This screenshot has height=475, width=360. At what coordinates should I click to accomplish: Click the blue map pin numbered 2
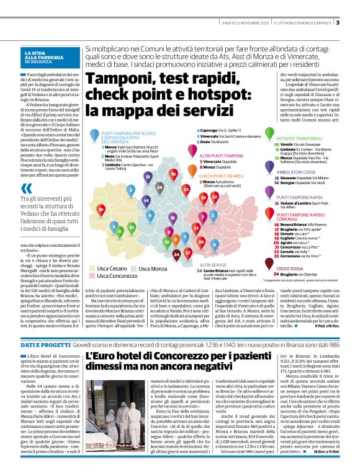coord(130,190)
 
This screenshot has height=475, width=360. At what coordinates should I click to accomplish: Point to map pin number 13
coord(148,177)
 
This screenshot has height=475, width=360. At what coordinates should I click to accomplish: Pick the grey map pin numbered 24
coord(160,186)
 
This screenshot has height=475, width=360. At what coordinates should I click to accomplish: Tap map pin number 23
coord(185,188)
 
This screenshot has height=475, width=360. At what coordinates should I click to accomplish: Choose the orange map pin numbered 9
coord(176,241)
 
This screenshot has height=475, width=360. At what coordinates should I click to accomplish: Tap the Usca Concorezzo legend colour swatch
coord(92,276)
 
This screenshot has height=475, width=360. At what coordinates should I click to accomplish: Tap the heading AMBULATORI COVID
coord(297,171)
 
